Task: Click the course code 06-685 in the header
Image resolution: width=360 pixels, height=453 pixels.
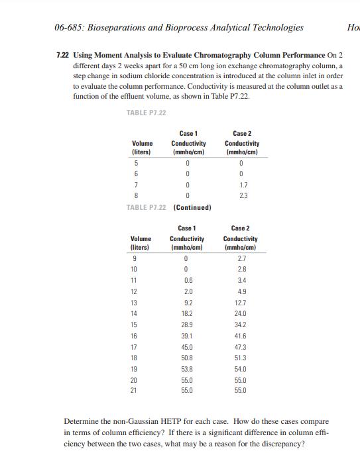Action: coord(68,27)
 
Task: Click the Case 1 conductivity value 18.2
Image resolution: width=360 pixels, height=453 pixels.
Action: coord(187,313)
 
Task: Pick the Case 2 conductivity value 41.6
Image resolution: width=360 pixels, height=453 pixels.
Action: coord(240,336)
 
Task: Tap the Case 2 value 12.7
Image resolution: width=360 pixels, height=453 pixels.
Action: coord(240,302)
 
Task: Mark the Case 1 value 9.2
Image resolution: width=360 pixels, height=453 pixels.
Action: coord(187,302)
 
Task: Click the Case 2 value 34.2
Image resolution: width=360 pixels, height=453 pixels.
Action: coord(240,325)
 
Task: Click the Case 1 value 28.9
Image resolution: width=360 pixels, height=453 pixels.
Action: coord(187,325)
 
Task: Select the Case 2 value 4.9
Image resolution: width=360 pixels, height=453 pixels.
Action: coord(240,291)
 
